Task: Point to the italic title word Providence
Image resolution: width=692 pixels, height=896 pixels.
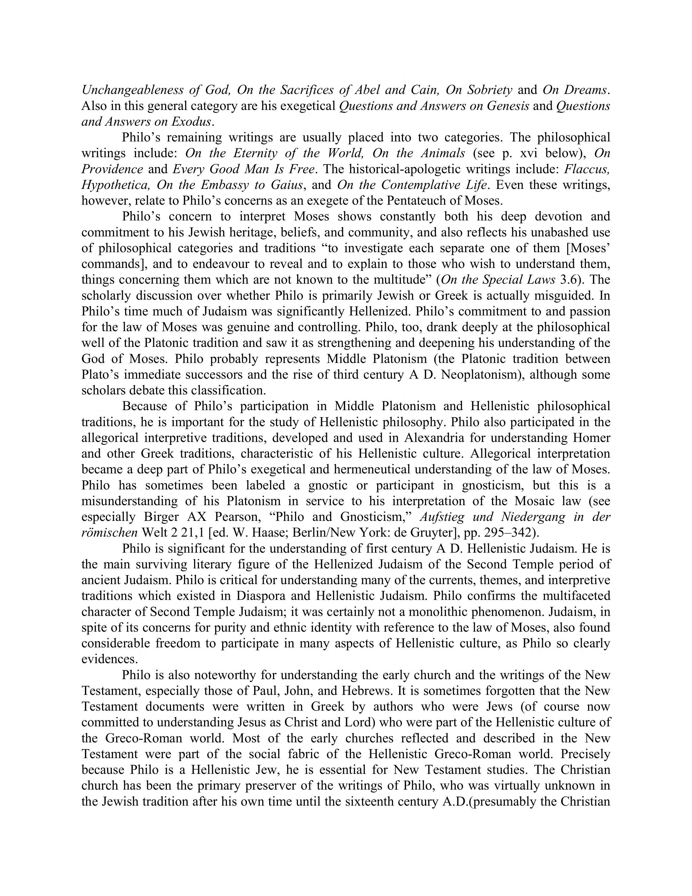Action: [112, 169]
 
